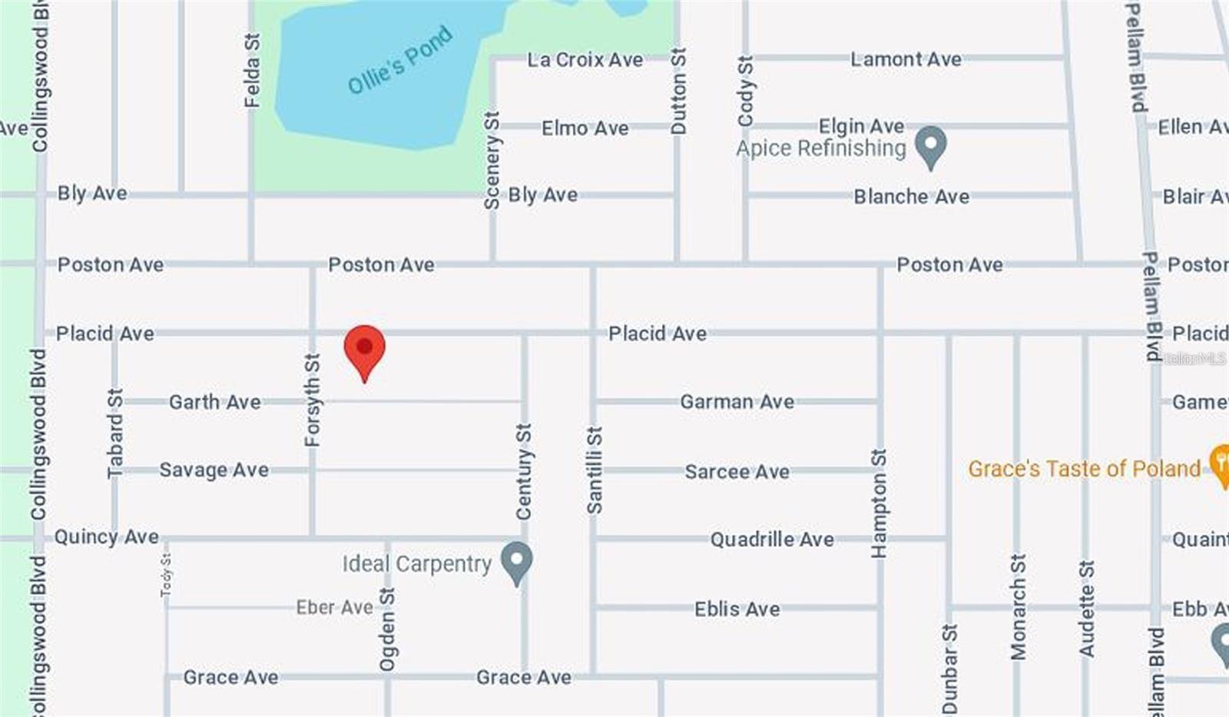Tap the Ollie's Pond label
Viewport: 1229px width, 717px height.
point(399,60)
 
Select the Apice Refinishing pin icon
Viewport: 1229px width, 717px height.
point(930,146)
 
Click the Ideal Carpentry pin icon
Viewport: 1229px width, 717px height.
point(516,562)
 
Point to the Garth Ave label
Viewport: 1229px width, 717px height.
point(214,402)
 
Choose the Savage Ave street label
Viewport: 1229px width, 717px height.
point(214,470)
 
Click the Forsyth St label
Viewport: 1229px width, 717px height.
point(312,400)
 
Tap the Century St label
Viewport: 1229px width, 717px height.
point(523,471)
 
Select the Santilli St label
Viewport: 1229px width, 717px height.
point(594,470)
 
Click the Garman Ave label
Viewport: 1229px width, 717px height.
point(737,402)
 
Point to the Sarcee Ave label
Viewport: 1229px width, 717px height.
point(737,471)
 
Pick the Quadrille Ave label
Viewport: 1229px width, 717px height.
point(771,539)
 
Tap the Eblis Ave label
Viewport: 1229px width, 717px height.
point(737,609)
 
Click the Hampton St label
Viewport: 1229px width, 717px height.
point(879,503)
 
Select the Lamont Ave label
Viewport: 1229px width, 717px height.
point(905,59)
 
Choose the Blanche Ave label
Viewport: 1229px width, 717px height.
point(911,197)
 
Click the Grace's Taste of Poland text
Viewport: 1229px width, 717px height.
point(1083,469)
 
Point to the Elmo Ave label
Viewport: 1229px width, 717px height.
point(585,128)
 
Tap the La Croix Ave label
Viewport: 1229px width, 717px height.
point(585,60)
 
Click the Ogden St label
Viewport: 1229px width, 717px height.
point(387,629)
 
